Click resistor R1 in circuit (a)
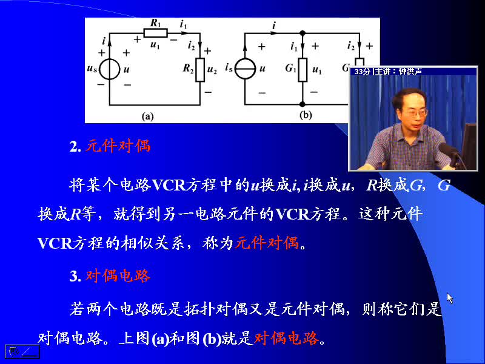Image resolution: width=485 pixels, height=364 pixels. [x=155, y=33]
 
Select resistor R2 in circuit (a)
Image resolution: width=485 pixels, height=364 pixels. [x=200, y=70]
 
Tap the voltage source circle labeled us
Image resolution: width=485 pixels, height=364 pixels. [x=110, y=69]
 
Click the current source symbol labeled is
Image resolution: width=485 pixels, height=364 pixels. [x=245, y=69]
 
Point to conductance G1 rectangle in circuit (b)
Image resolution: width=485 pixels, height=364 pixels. [x=303, y=70]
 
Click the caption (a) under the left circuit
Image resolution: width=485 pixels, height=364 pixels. [x=147, y=116]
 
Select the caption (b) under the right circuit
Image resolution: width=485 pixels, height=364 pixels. [x=306, y=115]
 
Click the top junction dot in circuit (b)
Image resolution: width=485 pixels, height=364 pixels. [x=303, y=33]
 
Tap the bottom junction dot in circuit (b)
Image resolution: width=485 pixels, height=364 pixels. [x=303, y=104]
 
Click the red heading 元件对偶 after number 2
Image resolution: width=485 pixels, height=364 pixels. [x=118, y=146]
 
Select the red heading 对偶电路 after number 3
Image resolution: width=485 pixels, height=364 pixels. [x=118, y=275]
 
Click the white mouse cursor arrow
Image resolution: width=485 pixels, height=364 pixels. [x=450, y=298]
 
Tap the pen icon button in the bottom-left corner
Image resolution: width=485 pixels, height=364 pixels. [x=22, y=352]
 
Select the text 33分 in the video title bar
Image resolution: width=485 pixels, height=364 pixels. [x=362, y=72]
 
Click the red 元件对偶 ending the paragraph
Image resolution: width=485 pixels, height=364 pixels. [x=267, y=243]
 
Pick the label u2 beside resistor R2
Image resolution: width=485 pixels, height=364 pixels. [x=212, y=70]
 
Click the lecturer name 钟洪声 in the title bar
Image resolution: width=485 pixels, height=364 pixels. [x=410, y=72]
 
